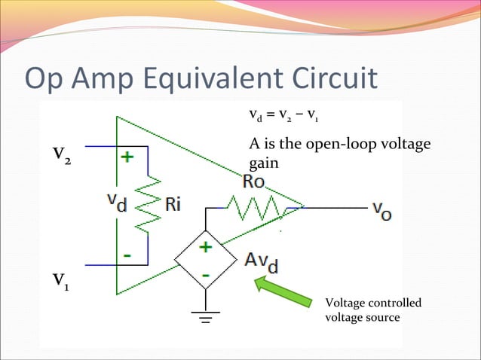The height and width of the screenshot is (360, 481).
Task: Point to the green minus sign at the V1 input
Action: point(127,255)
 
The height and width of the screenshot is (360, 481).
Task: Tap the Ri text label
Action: point(174,205)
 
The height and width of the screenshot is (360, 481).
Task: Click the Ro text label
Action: point(256,182)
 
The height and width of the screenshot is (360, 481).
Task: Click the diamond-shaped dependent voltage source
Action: point(204,263)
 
